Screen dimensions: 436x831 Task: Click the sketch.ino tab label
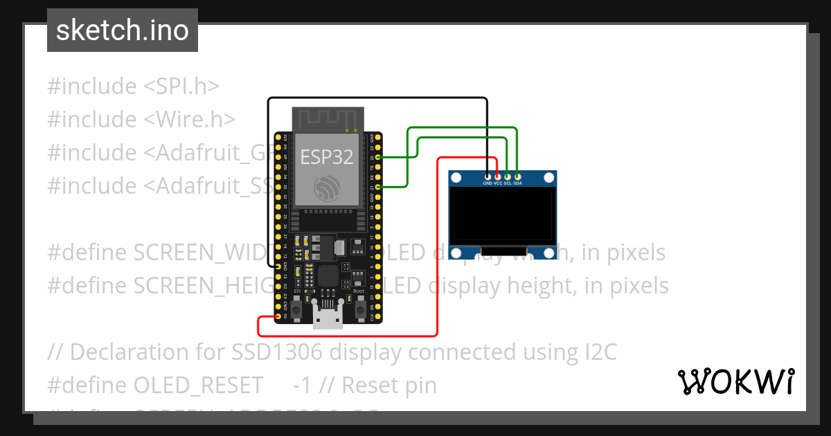[123, 30]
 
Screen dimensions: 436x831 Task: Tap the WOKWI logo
[735, 381]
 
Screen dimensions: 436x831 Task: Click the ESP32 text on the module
[326, 157]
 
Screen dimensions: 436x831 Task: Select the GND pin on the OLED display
[488, 177]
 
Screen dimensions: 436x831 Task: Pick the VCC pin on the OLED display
[497, 177]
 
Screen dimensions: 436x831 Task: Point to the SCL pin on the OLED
[508, 177]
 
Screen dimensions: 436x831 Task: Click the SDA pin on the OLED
[517, 177]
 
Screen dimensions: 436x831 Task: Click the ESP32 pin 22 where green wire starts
[373, 158]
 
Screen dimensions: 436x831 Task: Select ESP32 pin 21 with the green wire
[373, 187]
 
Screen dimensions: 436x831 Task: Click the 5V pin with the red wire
[278, 317]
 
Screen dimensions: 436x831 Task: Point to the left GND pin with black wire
[278, 266]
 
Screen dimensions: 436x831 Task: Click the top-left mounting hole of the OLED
[456, 179]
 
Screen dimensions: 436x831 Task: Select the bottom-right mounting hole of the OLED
[548, 254]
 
